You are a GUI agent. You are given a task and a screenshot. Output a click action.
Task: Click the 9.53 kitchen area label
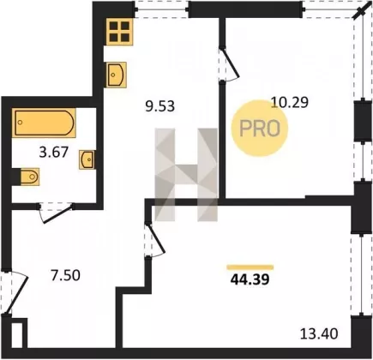[x=159, y=107]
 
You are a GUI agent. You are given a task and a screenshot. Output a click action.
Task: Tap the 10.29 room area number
[x=290, y=102]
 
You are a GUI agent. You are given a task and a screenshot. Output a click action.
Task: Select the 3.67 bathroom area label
[x=54, y=152]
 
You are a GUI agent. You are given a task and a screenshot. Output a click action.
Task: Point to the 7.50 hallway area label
[x=65, y=275]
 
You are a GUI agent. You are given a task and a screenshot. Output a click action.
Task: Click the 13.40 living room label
[x=319, y=333]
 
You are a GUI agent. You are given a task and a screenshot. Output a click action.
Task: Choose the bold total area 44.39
[x=250, y=279]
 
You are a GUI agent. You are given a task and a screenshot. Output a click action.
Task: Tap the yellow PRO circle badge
[x=260, y=129]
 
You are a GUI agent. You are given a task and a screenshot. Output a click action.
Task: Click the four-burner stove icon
[x=120, y=32]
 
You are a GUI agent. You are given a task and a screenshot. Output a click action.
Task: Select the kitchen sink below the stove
[x=117, y=75]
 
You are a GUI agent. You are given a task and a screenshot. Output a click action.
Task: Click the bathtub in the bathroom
[x=44, y=123]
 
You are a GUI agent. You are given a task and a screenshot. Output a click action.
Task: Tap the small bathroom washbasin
[x=87, y=159]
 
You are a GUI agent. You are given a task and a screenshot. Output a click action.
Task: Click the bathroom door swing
[x=56, y=212]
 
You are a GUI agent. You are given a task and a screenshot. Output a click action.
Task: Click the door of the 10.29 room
[x=229, y=63]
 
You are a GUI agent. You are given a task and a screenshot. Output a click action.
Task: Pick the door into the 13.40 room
[x=155, y=239]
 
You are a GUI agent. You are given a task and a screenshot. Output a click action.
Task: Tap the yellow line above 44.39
[x=250, y=267]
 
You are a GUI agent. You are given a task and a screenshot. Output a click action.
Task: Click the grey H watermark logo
[x=186, y=175]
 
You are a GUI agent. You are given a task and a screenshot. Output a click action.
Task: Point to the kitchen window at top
[x=161, y=9]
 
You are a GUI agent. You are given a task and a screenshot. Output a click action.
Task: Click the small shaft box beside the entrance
[x=17, y=334]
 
